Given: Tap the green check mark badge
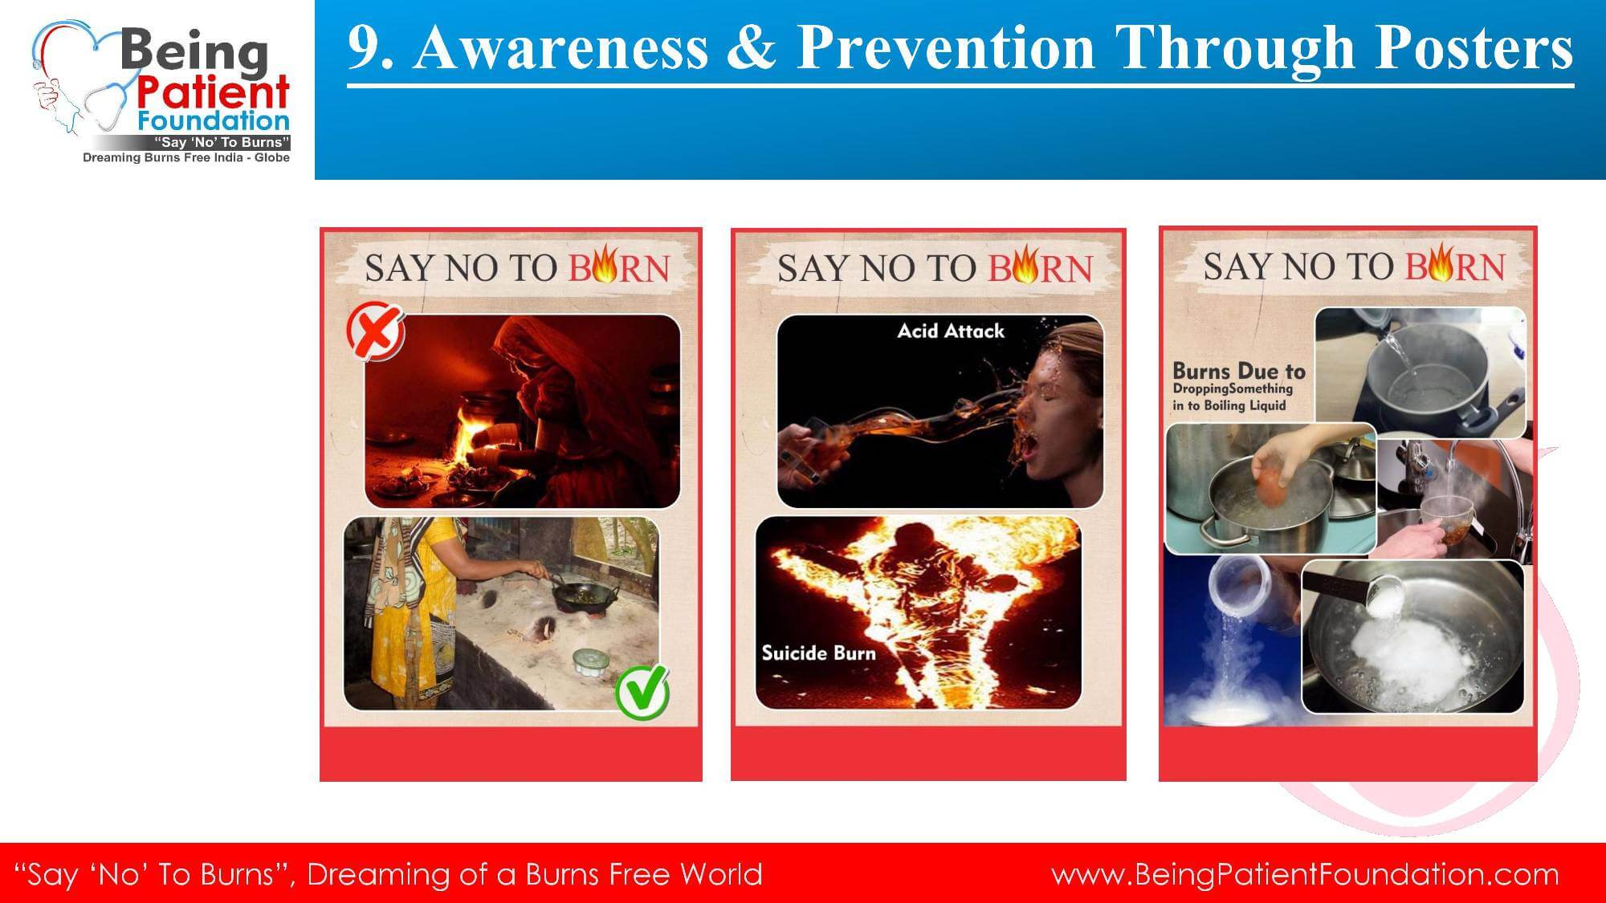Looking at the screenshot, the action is [642, 691].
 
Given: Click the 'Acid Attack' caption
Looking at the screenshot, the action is [951, 331].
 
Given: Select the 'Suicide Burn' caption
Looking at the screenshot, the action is [818, 653].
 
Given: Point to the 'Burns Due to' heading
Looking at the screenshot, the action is [1239, 371].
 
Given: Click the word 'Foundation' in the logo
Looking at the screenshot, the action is [214, 121].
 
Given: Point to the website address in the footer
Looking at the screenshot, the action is [1305, 874].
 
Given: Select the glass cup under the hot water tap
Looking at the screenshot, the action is [1447, 519].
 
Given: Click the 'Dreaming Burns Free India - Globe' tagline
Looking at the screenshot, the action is [186, 157].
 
